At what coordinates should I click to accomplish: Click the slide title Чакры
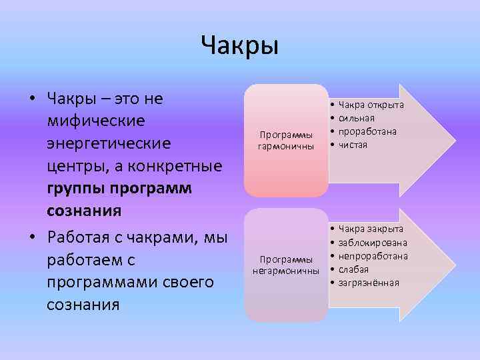point(239,46)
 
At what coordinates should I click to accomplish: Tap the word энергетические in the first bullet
point(109,144)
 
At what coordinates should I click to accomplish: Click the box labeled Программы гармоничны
point(286,141)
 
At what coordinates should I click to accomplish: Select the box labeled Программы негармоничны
point(286,265)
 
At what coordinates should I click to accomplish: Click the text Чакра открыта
point(371,105)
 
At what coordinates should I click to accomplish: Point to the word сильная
point(361,118)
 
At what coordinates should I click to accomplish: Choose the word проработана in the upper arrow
point(367,131)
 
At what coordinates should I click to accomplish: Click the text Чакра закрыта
point(371,229)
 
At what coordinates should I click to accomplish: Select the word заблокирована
point(373,243)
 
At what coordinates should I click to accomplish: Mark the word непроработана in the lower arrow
point(373,256)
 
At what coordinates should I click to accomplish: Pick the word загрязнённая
point(369,283)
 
